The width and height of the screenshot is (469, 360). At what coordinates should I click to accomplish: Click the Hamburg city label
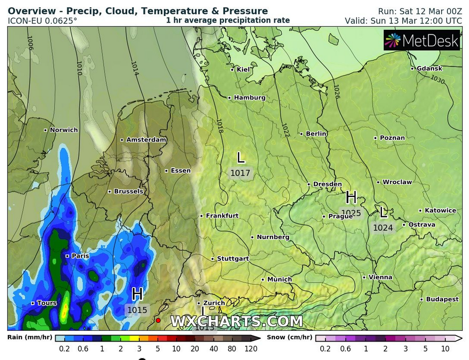[250, 98]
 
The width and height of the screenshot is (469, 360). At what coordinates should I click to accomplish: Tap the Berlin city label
[316, 134]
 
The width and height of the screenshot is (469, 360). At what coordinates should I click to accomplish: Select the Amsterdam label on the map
[146, 140]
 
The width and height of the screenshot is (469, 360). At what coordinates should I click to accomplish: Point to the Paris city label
[81, 256]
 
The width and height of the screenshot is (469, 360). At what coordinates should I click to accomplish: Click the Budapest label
[442, 299]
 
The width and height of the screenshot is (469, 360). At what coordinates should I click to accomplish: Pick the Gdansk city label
[429, 68]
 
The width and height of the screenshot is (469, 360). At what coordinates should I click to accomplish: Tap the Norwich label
[64, 130]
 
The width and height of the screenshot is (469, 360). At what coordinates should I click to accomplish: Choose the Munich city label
[279, 279]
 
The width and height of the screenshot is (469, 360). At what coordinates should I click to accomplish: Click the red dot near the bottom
[158, 320]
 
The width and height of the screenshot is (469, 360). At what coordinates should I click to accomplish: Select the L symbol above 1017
[241, 157]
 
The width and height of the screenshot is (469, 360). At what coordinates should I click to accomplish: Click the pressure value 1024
[383, 228]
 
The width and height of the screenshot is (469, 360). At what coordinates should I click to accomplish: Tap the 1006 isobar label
[30, 43]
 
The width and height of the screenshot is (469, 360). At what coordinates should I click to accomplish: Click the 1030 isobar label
[438, 80]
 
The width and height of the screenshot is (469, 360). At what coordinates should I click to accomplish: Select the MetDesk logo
[421, 41]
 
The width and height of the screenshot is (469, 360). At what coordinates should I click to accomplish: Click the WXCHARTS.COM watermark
[236, 321]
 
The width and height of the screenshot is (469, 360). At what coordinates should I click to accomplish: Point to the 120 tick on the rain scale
[251, 349]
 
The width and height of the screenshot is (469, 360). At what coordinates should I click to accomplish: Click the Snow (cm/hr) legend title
[289, 337]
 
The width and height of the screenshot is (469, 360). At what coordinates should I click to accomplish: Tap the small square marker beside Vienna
[364, 277]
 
